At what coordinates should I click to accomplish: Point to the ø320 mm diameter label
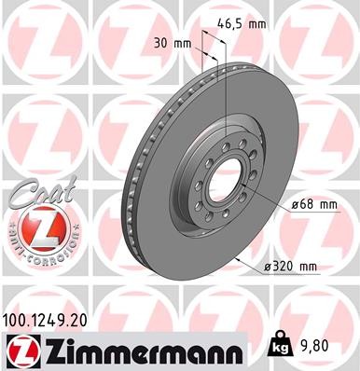point(290,268)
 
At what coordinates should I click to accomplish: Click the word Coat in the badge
point(37,197)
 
